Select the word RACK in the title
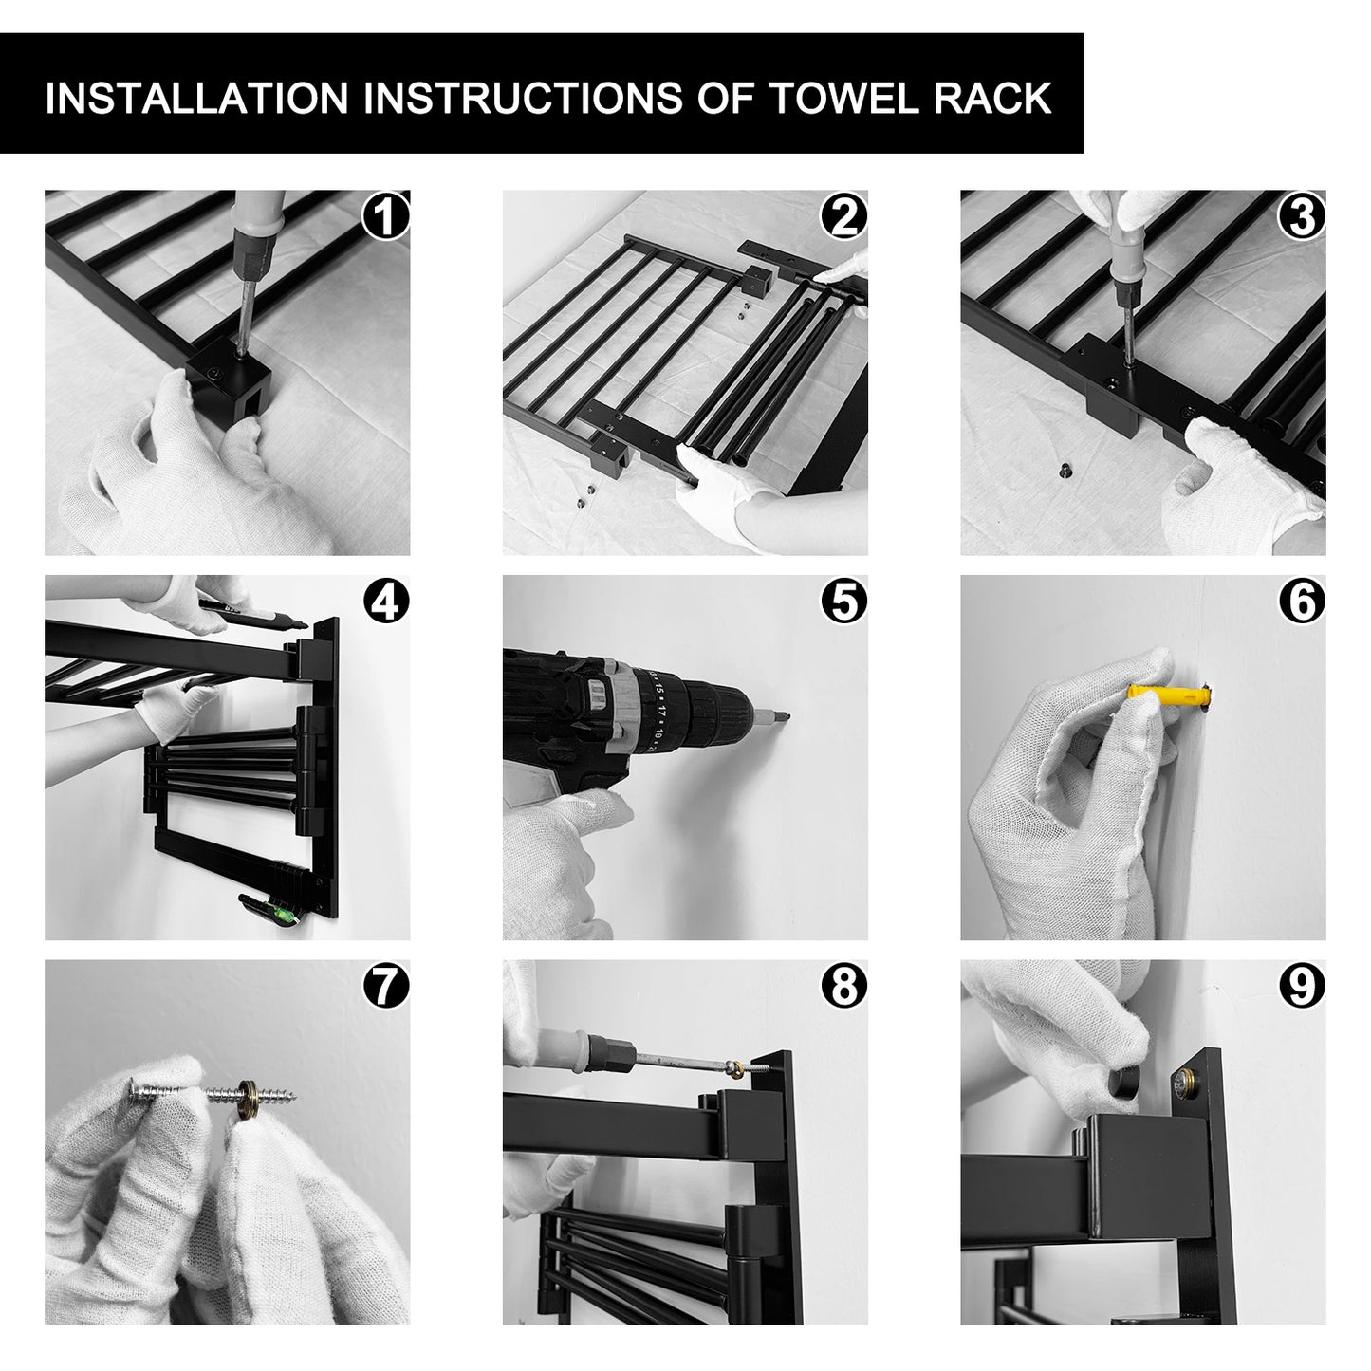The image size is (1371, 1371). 992,98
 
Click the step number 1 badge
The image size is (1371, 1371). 386,216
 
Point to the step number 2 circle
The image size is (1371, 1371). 844,216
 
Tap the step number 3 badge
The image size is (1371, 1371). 1302,216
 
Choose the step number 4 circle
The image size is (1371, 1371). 386,601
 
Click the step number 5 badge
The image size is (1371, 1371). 844,601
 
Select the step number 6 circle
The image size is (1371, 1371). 1302,601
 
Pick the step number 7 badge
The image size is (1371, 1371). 386,986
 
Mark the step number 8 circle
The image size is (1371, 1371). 844,986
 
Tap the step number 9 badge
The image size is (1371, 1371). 1302,986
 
